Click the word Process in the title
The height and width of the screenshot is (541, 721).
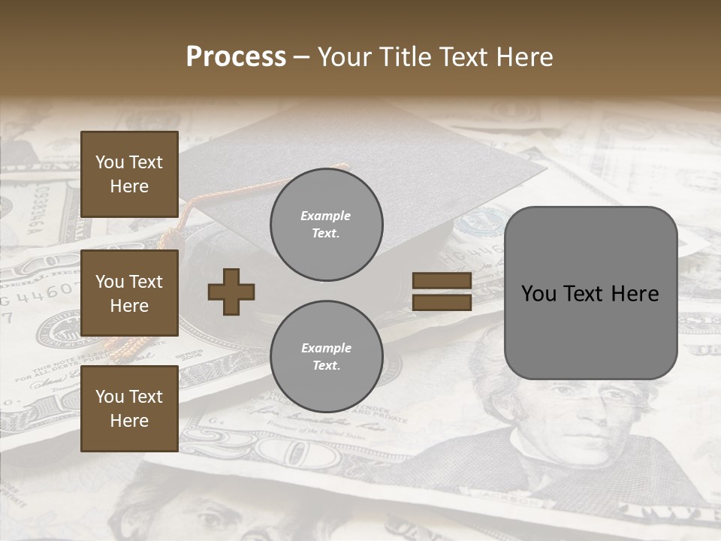tap(236, 57)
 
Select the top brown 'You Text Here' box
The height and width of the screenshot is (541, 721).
tap(129, 174)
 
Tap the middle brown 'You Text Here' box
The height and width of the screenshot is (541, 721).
tap(129, 293)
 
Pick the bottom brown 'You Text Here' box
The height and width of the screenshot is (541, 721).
tap(129, 408)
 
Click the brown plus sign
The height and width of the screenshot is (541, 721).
tap(231, 292)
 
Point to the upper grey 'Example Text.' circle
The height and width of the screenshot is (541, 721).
tap(326, 225)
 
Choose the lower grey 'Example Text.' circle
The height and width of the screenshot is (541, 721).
tap(326, 356)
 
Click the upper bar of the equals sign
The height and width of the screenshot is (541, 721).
tap(442, 281)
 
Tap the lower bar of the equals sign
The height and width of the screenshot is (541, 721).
tap(442, 303)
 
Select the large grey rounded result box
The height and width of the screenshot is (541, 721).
tap(590, 331)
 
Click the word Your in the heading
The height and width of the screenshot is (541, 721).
tap(345, 57)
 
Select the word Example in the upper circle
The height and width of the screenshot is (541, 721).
tap(326, 216)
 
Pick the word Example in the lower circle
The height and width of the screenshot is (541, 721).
tap(326, 348)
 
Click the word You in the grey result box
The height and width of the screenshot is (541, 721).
tap(538, 294)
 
